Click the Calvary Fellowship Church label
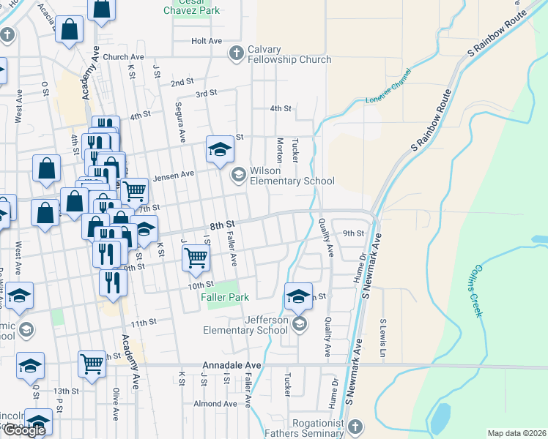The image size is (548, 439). pos(289,55)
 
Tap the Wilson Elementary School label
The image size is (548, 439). pos(292,176)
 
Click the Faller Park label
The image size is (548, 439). pos(227,297)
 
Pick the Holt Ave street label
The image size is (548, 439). pos(206,41)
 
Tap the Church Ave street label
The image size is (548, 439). pos(123,57)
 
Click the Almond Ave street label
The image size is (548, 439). pos(215,404)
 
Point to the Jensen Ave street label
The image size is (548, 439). pos(173,175)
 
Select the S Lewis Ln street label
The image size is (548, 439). pos(382,332)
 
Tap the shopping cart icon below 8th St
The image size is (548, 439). pos(196,256)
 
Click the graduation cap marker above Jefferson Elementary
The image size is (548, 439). pos(298,296)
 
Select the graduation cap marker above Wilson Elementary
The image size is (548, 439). pos(218,149)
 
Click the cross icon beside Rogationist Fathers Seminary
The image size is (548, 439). pos(355,426)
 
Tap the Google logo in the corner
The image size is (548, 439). pos(24,430)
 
